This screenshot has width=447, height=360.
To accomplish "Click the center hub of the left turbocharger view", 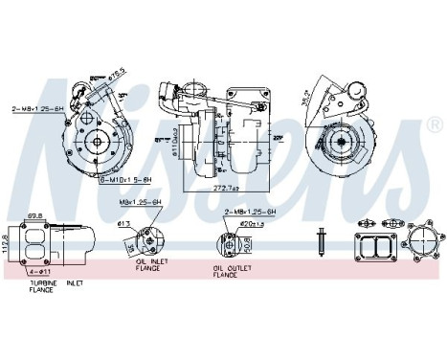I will [x=97, y=143].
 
